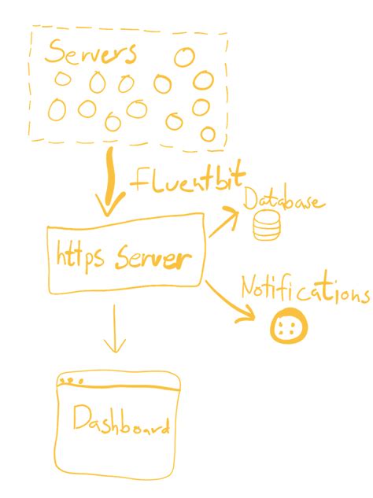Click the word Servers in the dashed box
[90, 52]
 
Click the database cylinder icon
[267, 226]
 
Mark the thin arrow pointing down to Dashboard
[115, 329]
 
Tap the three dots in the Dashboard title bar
[71, 381]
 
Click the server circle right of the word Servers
[184, 57]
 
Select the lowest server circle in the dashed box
[208, 134]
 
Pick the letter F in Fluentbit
[140, 181]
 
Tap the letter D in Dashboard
[81, 418]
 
